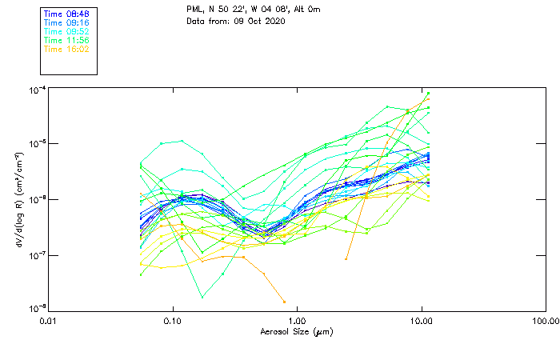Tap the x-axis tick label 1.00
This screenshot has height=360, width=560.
click(297, 321)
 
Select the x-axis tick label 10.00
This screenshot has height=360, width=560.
click(421, 321)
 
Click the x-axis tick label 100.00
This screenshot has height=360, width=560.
click(545, 321)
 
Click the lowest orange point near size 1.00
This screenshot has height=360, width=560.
click(284, 302)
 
